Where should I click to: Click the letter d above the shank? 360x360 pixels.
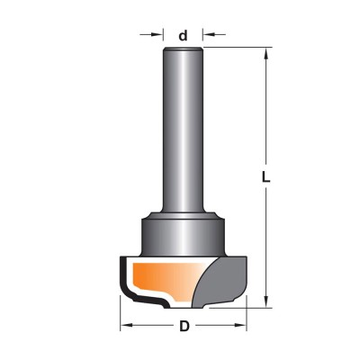pos(183,36)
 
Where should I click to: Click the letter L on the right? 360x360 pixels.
pos(265,177)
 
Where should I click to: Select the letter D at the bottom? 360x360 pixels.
pos(184,327)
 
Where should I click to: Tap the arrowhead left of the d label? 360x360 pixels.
pos(158,34)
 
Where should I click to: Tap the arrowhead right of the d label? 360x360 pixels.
pos(208,34)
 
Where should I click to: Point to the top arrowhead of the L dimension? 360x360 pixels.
pos(265,53)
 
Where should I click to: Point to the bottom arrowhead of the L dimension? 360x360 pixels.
pos(265,301)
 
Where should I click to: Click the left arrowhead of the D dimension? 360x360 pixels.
pos(126,325)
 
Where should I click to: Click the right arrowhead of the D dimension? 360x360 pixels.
pos(241,325)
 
